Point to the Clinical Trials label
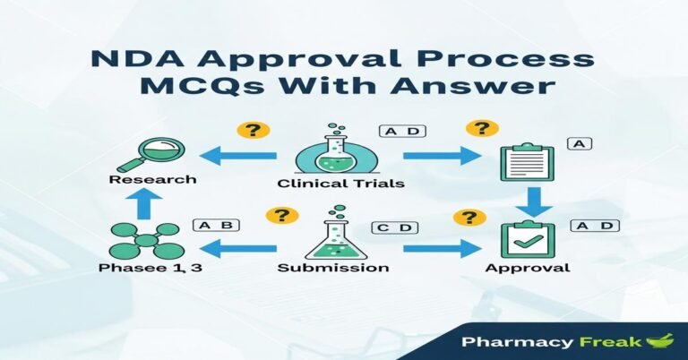click(340, 184)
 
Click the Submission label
click(333, 268)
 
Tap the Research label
click(151, 179)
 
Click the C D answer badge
click(394, 227)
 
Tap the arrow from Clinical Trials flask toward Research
click(238, 156)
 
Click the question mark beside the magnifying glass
click(254, 131)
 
